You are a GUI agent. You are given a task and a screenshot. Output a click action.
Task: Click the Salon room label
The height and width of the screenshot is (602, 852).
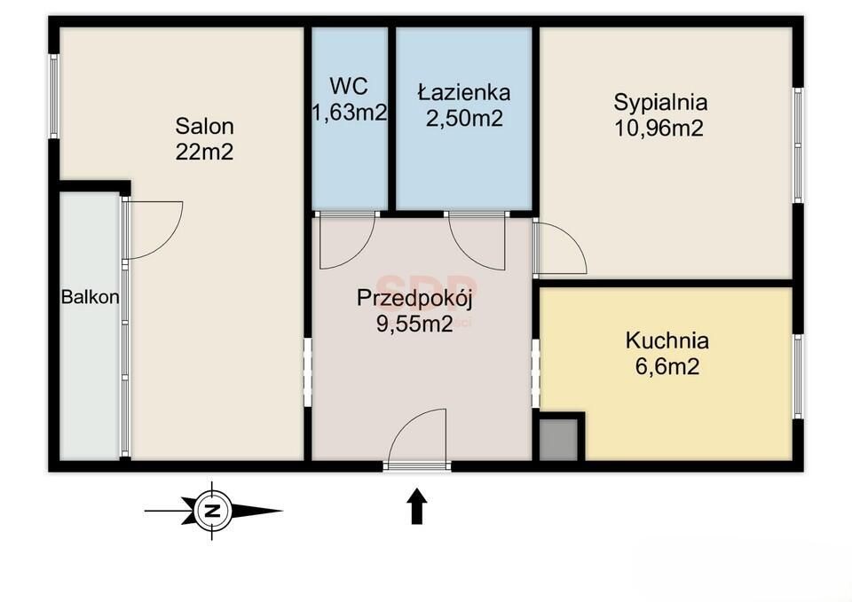pos(204,127)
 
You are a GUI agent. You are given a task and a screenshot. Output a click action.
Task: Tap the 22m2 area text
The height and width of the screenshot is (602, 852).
pos(204,152)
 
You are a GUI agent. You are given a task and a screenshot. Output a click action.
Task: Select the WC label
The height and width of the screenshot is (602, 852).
pos(349,86)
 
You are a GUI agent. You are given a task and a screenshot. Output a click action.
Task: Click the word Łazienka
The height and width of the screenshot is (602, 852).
pos(464,92)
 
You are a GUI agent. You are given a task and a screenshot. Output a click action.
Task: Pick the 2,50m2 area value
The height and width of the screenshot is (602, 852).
pos(464,118)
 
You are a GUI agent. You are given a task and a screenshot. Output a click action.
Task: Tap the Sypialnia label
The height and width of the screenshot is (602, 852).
pos(660,103)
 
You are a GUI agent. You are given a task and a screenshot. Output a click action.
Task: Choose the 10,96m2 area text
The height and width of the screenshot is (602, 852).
pos(659,129)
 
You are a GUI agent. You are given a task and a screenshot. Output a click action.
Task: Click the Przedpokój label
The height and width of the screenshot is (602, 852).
pos(414,300)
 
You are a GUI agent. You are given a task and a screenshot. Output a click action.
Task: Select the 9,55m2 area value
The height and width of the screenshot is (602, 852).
pos(414,324)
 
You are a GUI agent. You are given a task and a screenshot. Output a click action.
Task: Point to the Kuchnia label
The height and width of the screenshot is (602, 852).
pos(667,341)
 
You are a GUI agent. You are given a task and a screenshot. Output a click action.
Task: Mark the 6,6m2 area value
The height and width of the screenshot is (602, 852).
pos(667,367)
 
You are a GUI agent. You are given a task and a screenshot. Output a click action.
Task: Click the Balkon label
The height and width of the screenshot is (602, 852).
pos(91,298)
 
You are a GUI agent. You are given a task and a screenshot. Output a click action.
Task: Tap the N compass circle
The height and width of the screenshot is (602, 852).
pos(211,511)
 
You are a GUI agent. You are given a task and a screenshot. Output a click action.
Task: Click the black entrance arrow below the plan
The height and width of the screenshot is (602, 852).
pos(417,505)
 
